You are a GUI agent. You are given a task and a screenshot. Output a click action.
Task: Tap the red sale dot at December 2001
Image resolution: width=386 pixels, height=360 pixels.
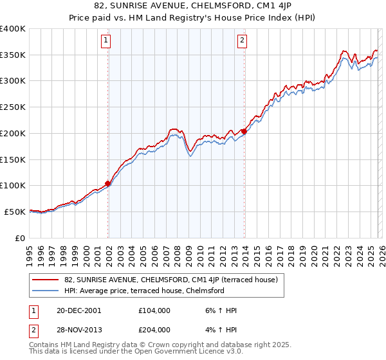(108, 183)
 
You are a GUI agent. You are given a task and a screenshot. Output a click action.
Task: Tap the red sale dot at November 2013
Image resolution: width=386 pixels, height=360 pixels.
(244, 131)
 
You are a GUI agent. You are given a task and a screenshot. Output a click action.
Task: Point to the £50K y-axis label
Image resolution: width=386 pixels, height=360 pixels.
(15, 212)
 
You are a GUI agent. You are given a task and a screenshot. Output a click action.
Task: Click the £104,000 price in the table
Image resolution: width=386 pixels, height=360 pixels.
(154, 310)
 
